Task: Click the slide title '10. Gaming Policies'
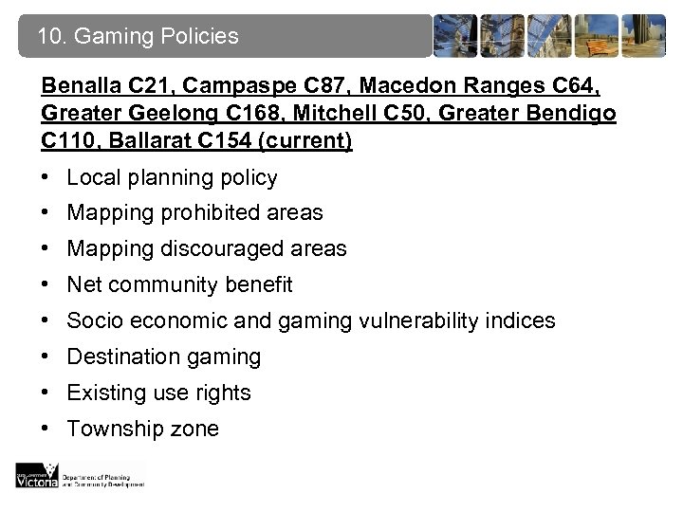[138, 37]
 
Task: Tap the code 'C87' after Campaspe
[295, 86]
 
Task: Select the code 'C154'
[226, 141]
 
